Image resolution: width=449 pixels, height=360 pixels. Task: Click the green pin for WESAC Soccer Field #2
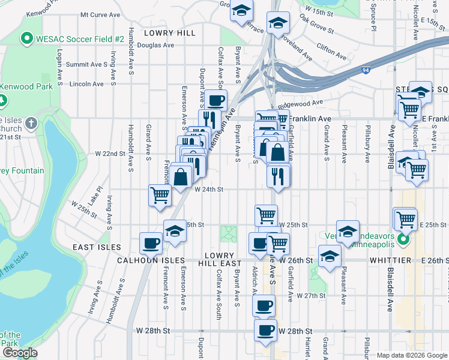click(x=26, y=39)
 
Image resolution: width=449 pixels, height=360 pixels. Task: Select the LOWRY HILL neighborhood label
click(x=170, y=33)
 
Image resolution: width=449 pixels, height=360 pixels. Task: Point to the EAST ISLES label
click(x=97, y=247)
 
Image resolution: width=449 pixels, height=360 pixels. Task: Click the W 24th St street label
click(x=209, y=189)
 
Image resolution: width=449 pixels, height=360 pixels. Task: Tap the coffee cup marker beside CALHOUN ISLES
click(x=150, y=243)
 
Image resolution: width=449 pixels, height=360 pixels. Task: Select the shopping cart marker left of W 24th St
click(x=160, y=194)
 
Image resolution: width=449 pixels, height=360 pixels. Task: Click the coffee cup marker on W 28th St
click(x=265, y=329)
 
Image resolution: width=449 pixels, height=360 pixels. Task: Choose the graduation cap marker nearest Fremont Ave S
click(x=175, y=231)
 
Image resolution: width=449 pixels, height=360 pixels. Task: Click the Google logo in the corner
click(x=19, y=353)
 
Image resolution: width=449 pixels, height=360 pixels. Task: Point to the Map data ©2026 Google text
click(x=411, y=355)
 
